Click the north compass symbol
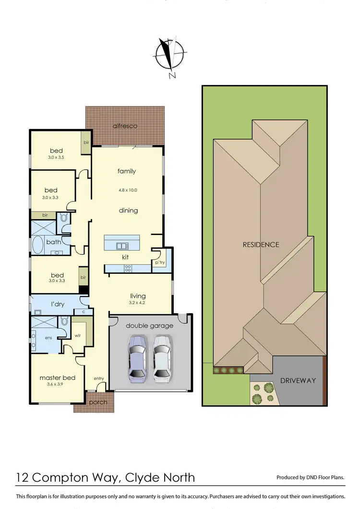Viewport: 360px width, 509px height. click(169, 55)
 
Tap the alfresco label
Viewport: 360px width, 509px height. click(125, 126)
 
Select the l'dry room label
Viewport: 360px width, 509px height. click(58, 305)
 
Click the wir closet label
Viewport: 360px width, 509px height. click(78, 335)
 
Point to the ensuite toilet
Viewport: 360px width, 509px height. click(64, 321)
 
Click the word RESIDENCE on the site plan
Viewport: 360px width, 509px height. click(261, 245)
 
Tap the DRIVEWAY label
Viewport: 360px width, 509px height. click(299, 380)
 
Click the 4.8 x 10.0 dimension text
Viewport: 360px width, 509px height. click(127, 190)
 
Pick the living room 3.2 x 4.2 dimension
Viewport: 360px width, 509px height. click(138, 303)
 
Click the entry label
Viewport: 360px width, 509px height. click(99, 379)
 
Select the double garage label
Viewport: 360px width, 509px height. click(150, 326)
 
